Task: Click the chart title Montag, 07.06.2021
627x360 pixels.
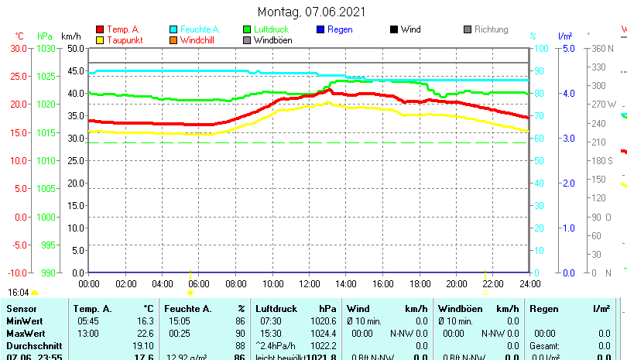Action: point(311,12)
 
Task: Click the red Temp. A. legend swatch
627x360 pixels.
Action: point(100,29)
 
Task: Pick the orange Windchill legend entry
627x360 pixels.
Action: point(198,40)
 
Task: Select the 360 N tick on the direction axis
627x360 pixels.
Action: point(602,48)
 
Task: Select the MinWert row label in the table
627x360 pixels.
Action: point(24,321)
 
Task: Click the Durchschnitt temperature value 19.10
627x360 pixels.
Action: point(143,345)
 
